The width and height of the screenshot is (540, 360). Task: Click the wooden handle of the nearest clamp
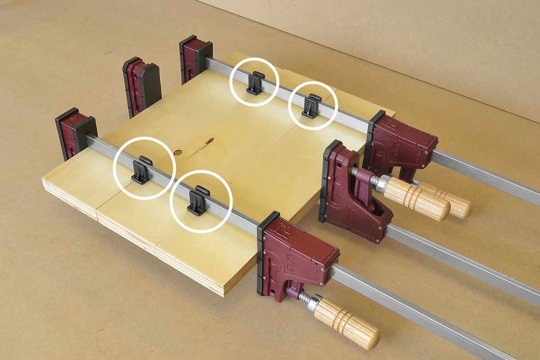pyautogui.click(x=346, y=324)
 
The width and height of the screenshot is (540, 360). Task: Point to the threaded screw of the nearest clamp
pyautogui.click(x=304, y=297)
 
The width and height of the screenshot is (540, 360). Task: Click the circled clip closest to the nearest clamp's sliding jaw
pyautogui.click(x=198, y=201)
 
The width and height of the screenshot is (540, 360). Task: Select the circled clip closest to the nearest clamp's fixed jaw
pyautogui.click(x=142, y=170)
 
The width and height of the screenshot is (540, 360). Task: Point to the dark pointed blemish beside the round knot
pyautogui.click(x=209, y=141)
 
